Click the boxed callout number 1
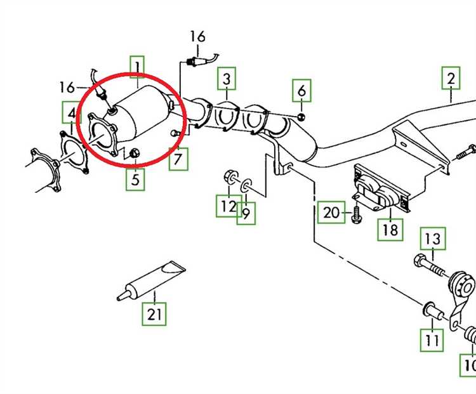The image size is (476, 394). coord(137,67)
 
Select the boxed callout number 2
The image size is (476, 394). coord(451,78)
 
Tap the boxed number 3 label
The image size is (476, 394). coord(227,79)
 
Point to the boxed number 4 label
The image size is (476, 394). coord(72,112)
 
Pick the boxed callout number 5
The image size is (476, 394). coord(135,180)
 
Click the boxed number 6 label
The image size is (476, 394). coord(301,91)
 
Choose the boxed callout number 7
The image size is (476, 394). coord(178,159)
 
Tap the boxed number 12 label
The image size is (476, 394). coord(228,206)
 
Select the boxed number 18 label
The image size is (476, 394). coord(390,230)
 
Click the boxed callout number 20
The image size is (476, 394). coord(331,212)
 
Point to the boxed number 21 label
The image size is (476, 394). coord(154,314)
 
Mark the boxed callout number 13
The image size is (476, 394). coord(433,239)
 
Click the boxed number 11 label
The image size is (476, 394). coord(432,340)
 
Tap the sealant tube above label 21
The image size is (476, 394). coord(151,280)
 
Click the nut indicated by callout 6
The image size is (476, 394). coord(301,117)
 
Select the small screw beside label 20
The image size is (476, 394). coord(357,214)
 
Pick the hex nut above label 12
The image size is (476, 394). coord(231,176)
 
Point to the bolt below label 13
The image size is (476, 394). coord(429,265)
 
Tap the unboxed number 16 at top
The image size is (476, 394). coord(197,36)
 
